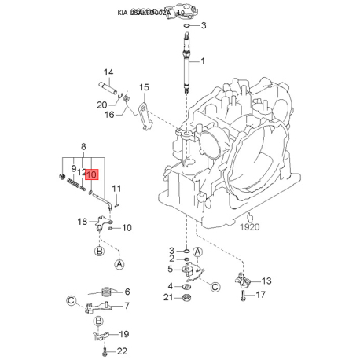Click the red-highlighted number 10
(x=91, y=175)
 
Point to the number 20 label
(x=101, y=105)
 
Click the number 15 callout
(x=144, y=86)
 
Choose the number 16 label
(x=109, y=115)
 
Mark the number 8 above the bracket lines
(x=83, y=146)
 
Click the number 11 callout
(x=116, y=189)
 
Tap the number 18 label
(x=83, y=222)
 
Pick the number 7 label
(x=127, y=306)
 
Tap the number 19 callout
(x=124, y=335)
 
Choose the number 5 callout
(x=171, y=269)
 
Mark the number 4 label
(x=171, y=285)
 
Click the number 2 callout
(x=171, y=259)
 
